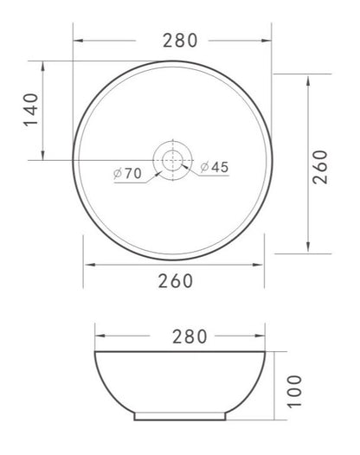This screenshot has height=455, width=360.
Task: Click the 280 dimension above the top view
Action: (x=180, y=41)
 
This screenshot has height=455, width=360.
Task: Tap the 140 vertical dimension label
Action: (x=31, y=109)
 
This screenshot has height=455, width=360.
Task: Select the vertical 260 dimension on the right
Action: (x=320, y=167)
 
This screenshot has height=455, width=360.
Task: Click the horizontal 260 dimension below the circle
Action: (x=176, y=280)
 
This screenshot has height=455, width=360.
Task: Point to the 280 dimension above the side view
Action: (x=190, y=336)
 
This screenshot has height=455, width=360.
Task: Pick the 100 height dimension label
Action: (x=295, y=392)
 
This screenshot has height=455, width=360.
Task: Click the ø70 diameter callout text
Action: (x=127, y=173)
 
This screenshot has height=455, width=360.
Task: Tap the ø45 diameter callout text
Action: (x=215, y=167)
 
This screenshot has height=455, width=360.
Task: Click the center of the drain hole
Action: (x=173, y=160)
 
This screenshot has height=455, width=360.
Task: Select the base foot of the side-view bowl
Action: (x=180, y=416)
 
